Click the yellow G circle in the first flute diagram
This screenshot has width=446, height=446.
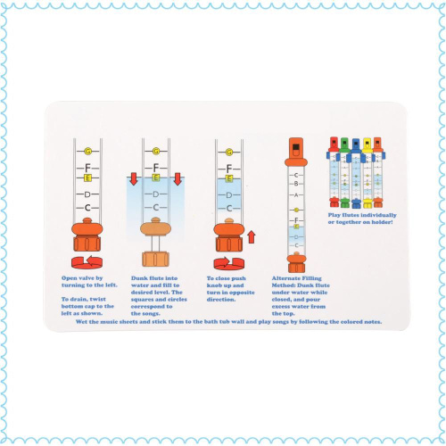click(87, 152)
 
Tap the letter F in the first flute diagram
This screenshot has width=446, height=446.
click(87, 168)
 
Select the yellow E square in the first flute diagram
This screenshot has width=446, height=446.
click(87, 178)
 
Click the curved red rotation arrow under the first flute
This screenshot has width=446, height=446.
click(87, 261)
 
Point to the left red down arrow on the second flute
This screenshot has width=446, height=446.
click(134, 179)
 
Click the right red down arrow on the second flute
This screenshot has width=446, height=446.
click(178, 179)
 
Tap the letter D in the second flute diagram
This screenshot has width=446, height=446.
click(156, 194)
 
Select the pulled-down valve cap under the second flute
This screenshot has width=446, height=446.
click(155, 259)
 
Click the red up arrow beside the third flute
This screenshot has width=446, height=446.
click(252, 237)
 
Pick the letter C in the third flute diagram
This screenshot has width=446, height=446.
click(229, 209)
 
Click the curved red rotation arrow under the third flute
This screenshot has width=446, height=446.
click(229, 263)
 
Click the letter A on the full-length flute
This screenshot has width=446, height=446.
click(296, 195)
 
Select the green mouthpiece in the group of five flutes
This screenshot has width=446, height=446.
click(344, 146)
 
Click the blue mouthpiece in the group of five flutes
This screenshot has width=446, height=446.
click(356, 146)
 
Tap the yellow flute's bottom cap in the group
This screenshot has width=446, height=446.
click(368, 203)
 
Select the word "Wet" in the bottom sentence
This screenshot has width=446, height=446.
click(81, 322)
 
